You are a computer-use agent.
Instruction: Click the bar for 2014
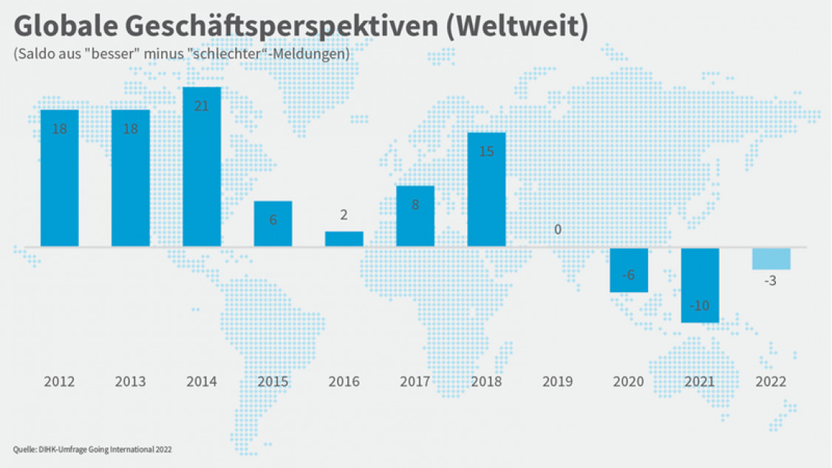[202, 167]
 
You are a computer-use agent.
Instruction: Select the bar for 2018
[486, 189]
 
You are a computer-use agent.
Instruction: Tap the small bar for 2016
[344, 239]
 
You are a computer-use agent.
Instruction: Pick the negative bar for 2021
[700, 285]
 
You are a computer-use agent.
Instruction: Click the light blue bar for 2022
[771, 259]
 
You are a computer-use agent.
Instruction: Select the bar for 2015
[273, 223]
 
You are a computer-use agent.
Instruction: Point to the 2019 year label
[557, 382]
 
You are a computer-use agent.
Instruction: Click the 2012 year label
[59, 382]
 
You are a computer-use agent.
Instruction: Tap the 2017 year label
[415, 382]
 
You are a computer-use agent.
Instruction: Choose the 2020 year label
[628, 382]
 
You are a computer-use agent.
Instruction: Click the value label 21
[202, 106]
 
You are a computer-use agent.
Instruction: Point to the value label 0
[558, 230]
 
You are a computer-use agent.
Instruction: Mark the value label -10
[699, 306]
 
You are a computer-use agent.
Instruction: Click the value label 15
[486, 152]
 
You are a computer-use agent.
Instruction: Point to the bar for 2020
[629, 270]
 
